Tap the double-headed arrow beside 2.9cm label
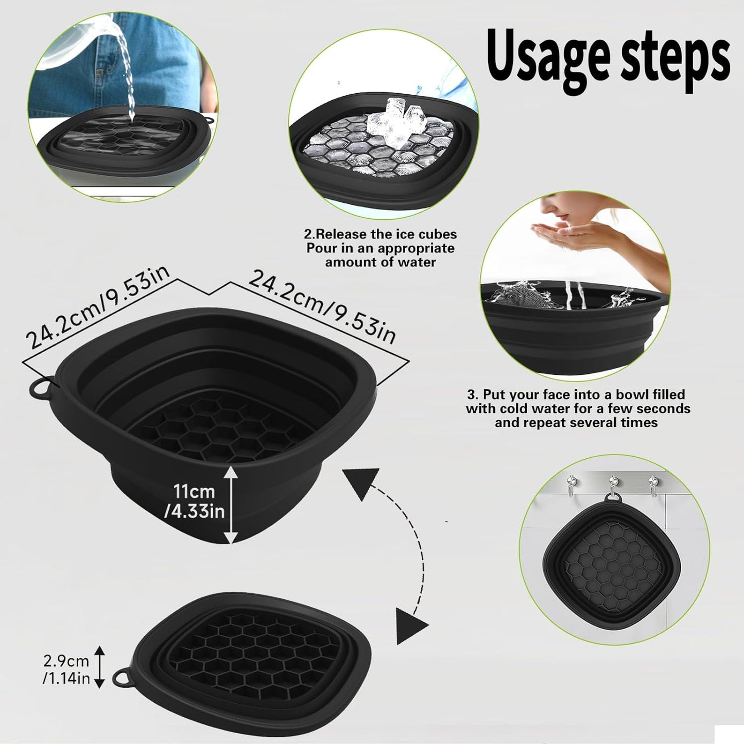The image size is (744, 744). [100, 667]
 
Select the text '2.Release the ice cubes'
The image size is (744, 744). [380, 234]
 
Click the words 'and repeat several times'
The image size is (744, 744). [576, 423]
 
